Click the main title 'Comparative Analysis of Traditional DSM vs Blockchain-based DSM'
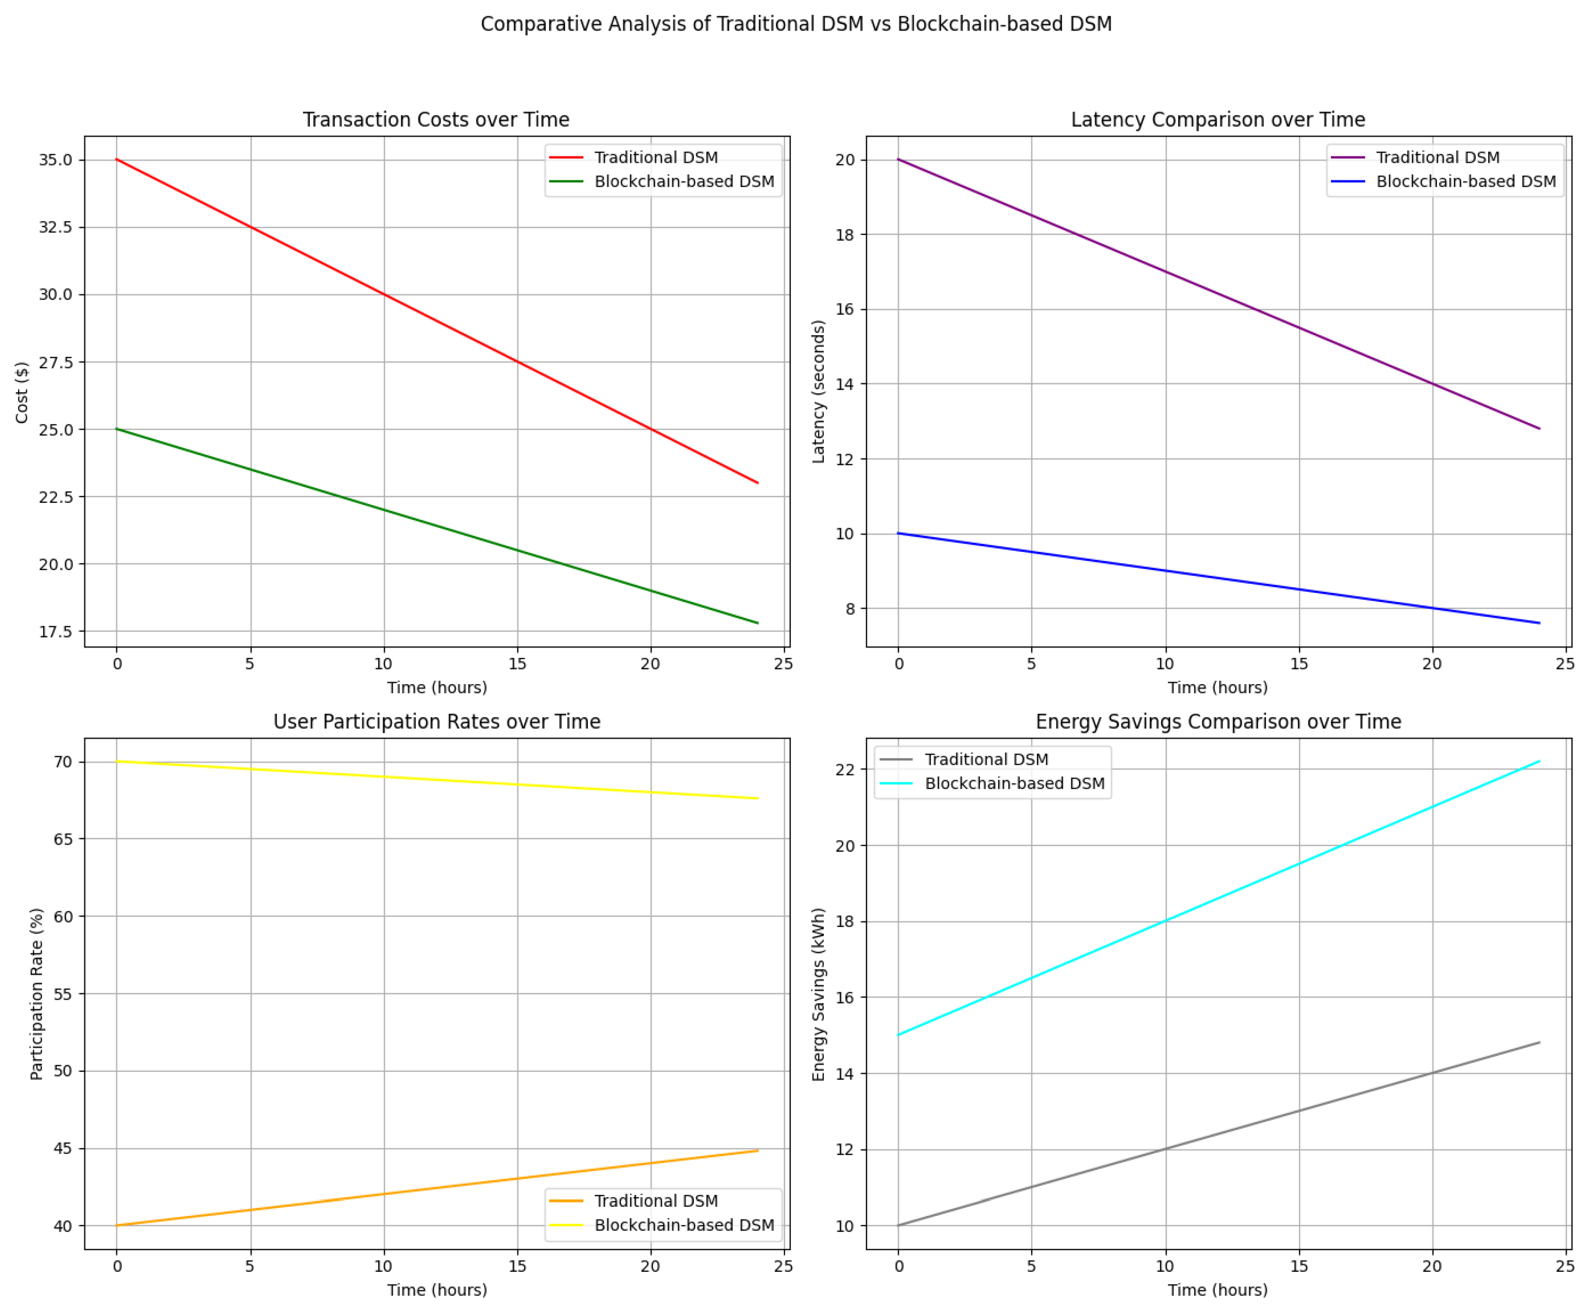pyautogui.click(x=796, y=24)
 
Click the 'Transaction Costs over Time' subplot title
pyautogui.click(x=436, y=119)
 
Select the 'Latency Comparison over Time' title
pyautogui.click(x=1217, y=119)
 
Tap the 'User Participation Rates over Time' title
pyautogui.click(x=436, y=721)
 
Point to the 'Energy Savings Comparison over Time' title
pyautogui.click(x=1217, y=721)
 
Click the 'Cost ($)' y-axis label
pyautogui.click(x=22, y=392)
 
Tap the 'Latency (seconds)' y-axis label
pyautogui.click(x=818, y=391)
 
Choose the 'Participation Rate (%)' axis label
pyautogui.click(x=36, y=993)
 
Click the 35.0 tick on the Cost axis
pyautogui.click(x=56, y=160)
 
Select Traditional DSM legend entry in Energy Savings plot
pyautogui.click(x=985, y=759)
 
